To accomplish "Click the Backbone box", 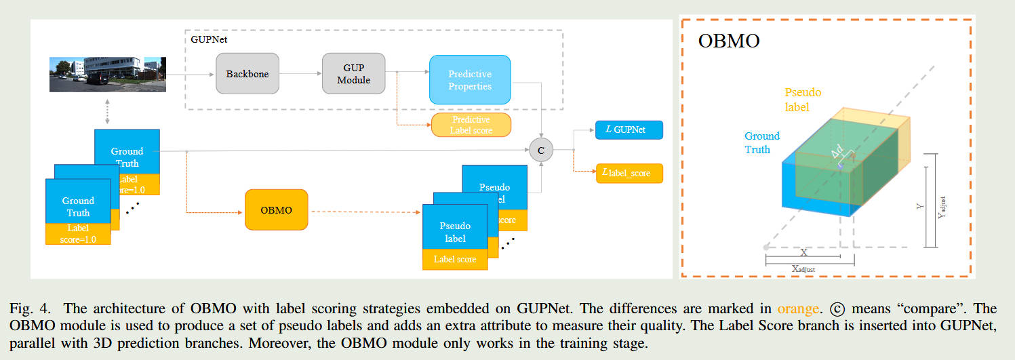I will [247, 73].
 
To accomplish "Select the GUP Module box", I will [353, 73].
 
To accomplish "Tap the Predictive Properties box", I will [469, 80].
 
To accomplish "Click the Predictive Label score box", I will [471, 125].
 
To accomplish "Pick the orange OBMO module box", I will [276, 210].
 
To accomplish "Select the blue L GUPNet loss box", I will [629, 129].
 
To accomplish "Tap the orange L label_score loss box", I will [629, 173].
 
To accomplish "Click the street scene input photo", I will [107, 74].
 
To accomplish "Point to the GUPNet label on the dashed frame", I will [209, 40].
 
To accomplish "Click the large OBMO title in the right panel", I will [729, 42].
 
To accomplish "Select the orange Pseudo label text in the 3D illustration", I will [797, 99].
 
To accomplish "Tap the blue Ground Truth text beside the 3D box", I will [762, 142].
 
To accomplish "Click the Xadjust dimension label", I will [803, 268].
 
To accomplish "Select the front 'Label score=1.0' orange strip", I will [78, 233].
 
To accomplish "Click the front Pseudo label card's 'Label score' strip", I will [454, 259].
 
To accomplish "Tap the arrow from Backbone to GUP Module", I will [300, 73].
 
